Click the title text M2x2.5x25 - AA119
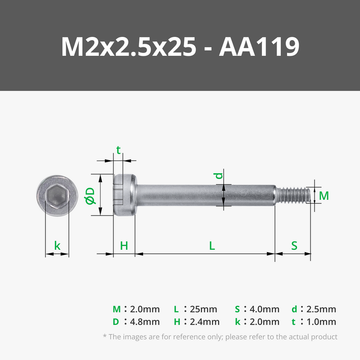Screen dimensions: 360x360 tap(180, 47)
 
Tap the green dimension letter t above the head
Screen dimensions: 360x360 tap(118, 150)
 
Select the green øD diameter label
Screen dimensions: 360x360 tap(90, 196)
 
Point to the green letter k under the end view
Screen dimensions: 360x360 tap(57, 245)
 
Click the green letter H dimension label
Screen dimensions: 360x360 tap(124, 246)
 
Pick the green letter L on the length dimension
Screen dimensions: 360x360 tap(212, 246)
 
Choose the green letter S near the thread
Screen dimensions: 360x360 tap(294, 246)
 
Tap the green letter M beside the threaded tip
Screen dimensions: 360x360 tap(324, 196)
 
